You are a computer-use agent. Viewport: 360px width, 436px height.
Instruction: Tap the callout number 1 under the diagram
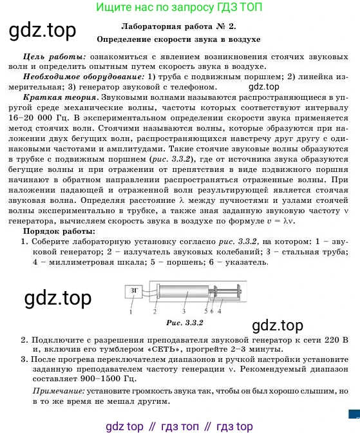pos(130,311)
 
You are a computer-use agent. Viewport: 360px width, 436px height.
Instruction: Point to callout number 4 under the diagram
pos(220,310)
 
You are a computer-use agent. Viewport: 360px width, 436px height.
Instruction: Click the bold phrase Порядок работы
pos(59,231)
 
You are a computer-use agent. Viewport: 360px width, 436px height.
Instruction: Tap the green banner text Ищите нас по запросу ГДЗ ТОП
pos(179,8)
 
